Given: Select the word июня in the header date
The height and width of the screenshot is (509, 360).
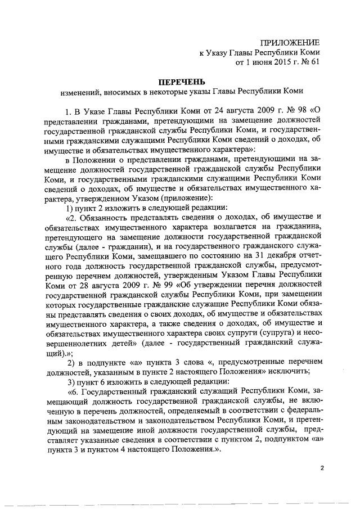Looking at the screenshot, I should click(x=259, y=62).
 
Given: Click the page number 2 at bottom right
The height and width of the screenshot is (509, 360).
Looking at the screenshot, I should click(x=322, y=469).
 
